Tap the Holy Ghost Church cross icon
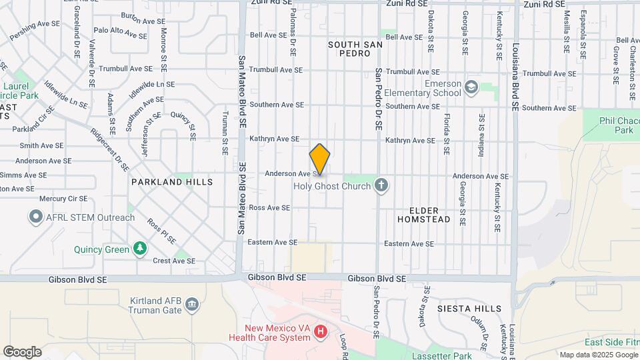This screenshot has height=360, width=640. pos(381,185)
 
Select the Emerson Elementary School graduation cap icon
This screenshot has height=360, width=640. pos(472,87)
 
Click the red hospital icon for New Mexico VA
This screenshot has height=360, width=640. pos(321,331)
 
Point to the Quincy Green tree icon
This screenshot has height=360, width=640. pos(139,249)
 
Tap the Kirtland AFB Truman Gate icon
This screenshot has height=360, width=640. pos(192,305)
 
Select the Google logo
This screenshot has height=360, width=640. pos(22,351)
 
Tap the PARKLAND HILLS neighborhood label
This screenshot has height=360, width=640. pos(172,181)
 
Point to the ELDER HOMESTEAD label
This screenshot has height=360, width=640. pos(424,214)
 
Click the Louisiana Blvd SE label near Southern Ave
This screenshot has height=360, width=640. pos(515,77)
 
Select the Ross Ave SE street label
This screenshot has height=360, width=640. pos(269,208)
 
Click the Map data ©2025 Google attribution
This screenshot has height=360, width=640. pos(598,354)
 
